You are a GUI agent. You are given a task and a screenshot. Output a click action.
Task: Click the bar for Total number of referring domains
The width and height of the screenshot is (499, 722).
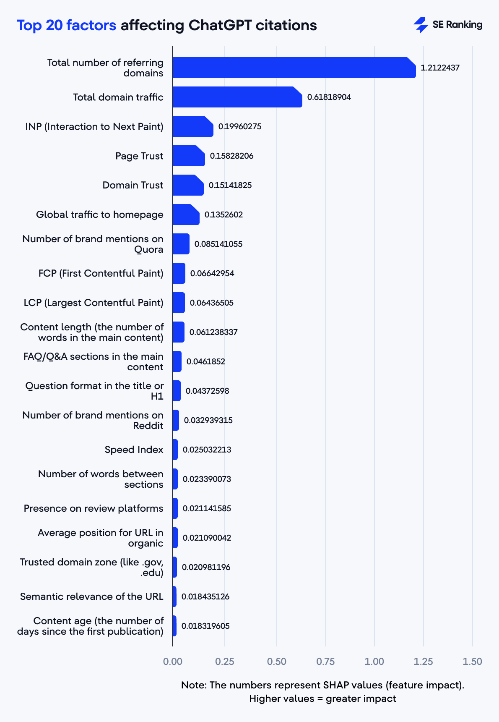(x=294, y=68)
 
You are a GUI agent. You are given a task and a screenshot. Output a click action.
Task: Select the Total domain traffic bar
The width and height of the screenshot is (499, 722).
(x=237, y=97)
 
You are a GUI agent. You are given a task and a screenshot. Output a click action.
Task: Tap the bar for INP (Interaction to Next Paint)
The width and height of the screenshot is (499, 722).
(x=192, y=126)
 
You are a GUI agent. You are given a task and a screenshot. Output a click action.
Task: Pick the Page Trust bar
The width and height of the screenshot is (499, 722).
(x=188, y=156)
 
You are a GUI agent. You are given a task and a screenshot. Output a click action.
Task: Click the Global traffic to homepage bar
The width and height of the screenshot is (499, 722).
(x=186, y=215)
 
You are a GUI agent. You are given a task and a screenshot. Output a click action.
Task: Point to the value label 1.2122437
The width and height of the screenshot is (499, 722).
(x=440, y=68)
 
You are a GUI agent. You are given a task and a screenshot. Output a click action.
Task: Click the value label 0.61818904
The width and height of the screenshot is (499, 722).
(x=329, y=97)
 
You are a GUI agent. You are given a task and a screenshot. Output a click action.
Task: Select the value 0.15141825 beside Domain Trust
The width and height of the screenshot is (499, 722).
(x=230, y=185)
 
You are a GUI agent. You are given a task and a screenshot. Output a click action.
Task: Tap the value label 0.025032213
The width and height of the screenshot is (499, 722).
(x=207, y=450)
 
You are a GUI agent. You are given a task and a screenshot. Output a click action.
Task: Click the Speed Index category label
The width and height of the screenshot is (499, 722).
(x=134, y=450)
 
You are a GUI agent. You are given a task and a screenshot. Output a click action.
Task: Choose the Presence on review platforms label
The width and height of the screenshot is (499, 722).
(x=94, y=508)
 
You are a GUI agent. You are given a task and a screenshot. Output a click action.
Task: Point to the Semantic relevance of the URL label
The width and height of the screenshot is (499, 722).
(x=91, y=596)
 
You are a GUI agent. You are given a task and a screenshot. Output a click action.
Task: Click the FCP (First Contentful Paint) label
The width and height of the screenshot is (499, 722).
(x=101, y=273)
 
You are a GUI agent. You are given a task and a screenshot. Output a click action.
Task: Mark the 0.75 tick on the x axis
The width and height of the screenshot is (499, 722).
(x=325, y=662)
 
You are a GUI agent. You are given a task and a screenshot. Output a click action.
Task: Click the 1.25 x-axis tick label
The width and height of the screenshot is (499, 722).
(x=423, y=662)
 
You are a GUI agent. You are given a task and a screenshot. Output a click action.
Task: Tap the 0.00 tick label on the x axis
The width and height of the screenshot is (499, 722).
(x=173, y=662)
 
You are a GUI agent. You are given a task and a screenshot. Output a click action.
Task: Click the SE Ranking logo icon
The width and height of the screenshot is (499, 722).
(x=421, y=25)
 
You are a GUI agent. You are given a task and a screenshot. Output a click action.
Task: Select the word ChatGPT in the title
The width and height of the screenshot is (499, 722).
(x=220, y=25)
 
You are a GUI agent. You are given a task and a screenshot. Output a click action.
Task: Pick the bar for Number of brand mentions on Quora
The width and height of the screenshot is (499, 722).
(x=181, y=244)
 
